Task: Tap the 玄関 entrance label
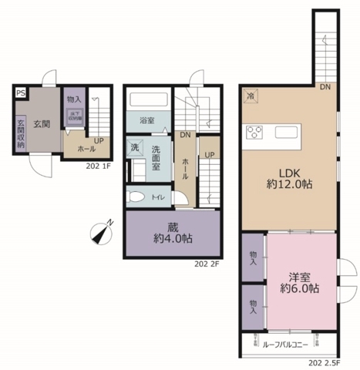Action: pyautogui.click(x=42, y=103)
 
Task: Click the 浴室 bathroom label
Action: pyautogui.click(x=147, y=121)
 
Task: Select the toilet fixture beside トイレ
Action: pyautogui.click(x=136, y=197)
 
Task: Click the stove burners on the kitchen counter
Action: pyautogui.click(x=254, y=132)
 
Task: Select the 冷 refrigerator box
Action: pyautogui.click(x=251, y=96)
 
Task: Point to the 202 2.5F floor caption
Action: pyautogui.click(x=323, y=361)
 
